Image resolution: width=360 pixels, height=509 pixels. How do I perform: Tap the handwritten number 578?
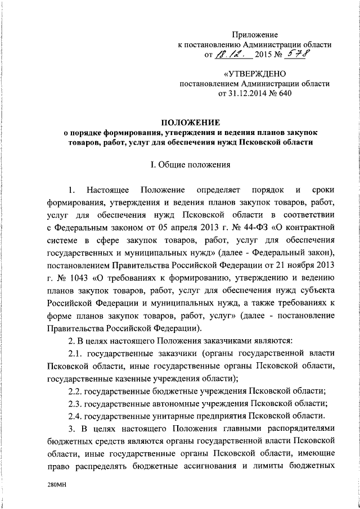(299, 55)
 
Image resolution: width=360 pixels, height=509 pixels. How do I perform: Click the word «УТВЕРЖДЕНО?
(255, 74)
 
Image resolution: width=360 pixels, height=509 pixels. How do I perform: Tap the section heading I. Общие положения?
(192, 166)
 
